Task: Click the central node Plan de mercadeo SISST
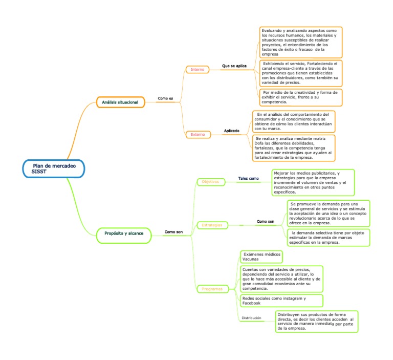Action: [x=53, y=168]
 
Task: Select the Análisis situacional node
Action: [x=121, y=102]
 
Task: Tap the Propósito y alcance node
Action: [x=123, y=234]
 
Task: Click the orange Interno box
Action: [x=197, y=69]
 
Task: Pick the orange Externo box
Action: [x=198, y=134]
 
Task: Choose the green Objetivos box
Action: [x=210, y=181]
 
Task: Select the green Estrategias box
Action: [x=212, y=225]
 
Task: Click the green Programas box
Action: [x=212, y=289]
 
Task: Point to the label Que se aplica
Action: [x=234, y=66]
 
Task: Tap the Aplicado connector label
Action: [x=232, y=131]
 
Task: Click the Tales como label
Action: [x=248, y=178]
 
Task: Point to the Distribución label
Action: [x=251, y=318]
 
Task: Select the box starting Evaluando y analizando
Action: [x=300, y=43]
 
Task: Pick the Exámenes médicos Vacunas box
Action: [x=260, y=257]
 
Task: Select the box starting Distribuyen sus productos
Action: [x=316, y=321]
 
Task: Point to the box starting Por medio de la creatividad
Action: [x=300, y=97]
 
